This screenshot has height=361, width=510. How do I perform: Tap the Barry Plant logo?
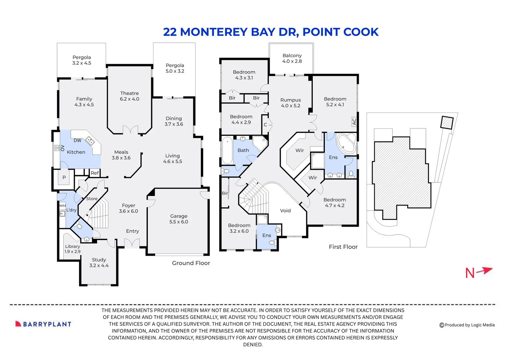click(43, 324)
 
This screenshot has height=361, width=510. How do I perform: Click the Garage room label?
click(179, 219)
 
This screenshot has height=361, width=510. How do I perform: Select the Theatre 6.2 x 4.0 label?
click(130, 96)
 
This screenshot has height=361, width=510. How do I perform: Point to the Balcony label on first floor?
click(292, 58)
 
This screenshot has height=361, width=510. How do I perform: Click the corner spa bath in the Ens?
click(346, 143)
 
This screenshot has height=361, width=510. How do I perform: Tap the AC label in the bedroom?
click(354, 122)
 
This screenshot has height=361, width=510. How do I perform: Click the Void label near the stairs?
click(285, 211)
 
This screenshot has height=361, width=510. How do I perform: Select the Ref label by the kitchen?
click(95, 173)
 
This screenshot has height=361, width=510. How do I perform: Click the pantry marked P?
click(64, 177)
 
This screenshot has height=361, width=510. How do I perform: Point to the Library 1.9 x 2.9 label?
click(72, 249)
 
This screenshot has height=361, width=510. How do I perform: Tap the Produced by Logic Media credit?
click(467, 325)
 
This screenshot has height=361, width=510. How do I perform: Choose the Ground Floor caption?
click(191, 263)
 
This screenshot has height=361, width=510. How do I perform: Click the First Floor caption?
click(343, 247)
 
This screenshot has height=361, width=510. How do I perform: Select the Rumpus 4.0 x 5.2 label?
click(290, 103)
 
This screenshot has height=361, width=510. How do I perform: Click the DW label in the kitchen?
click(77, 140)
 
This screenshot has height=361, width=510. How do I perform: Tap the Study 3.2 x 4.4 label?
click(99, 262)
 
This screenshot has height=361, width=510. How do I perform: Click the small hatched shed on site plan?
click(447, 122)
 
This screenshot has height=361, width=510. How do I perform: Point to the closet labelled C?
click(265, 125)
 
